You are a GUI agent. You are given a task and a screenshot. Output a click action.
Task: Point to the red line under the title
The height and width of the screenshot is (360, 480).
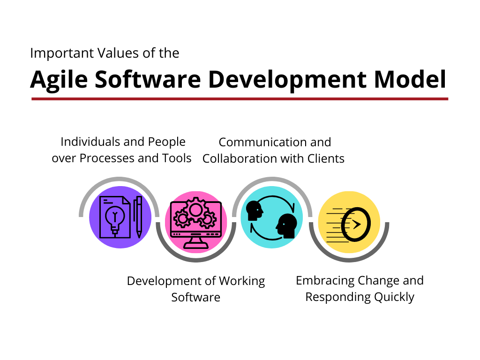(240, 99)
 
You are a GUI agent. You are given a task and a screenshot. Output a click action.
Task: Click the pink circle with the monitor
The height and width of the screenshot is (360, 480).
(196, 222)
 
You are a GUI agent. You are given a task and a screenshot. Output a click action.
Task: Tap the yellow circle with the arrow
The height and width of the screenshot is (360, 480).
(349, 222)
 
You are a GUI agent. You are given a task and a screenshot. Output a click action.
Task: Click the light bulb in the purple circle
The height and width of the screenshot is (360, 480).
(113, 218)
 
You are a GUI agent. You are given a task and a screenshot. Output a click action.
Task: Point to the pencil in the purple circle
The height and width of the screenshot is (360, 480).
(139, 217)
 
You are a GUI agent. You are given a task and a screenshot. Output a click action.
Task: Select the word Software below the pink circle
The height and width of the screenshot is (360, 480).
(195, 297)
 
